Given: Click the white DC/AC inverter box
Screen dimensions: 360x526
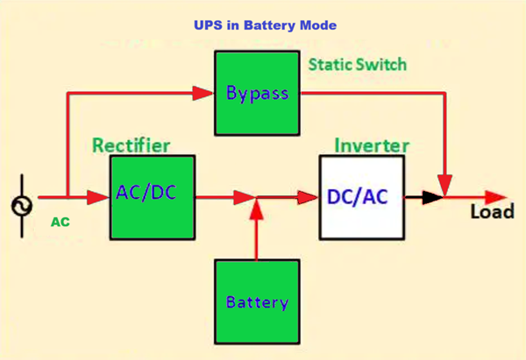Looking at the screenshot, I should [x=361, y=197].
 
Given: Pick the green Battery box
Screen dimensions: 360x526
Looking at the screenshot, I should [x=257, y=302].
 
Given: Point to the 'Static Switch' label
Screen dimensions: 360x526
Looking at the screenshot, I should [x=357, y=65].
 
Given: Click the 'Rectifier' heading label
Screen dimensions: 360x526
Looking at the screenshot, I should [x=131, y=145].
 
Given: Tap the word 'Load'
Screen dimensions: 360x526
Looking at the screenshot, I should [x=491, y=213].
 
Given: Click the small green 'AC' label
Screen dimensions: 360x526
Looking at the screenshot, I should [x=60, y=222].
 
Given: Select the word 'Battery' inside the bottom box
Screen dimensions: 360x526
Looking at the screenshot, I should [x=257, y=303].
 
